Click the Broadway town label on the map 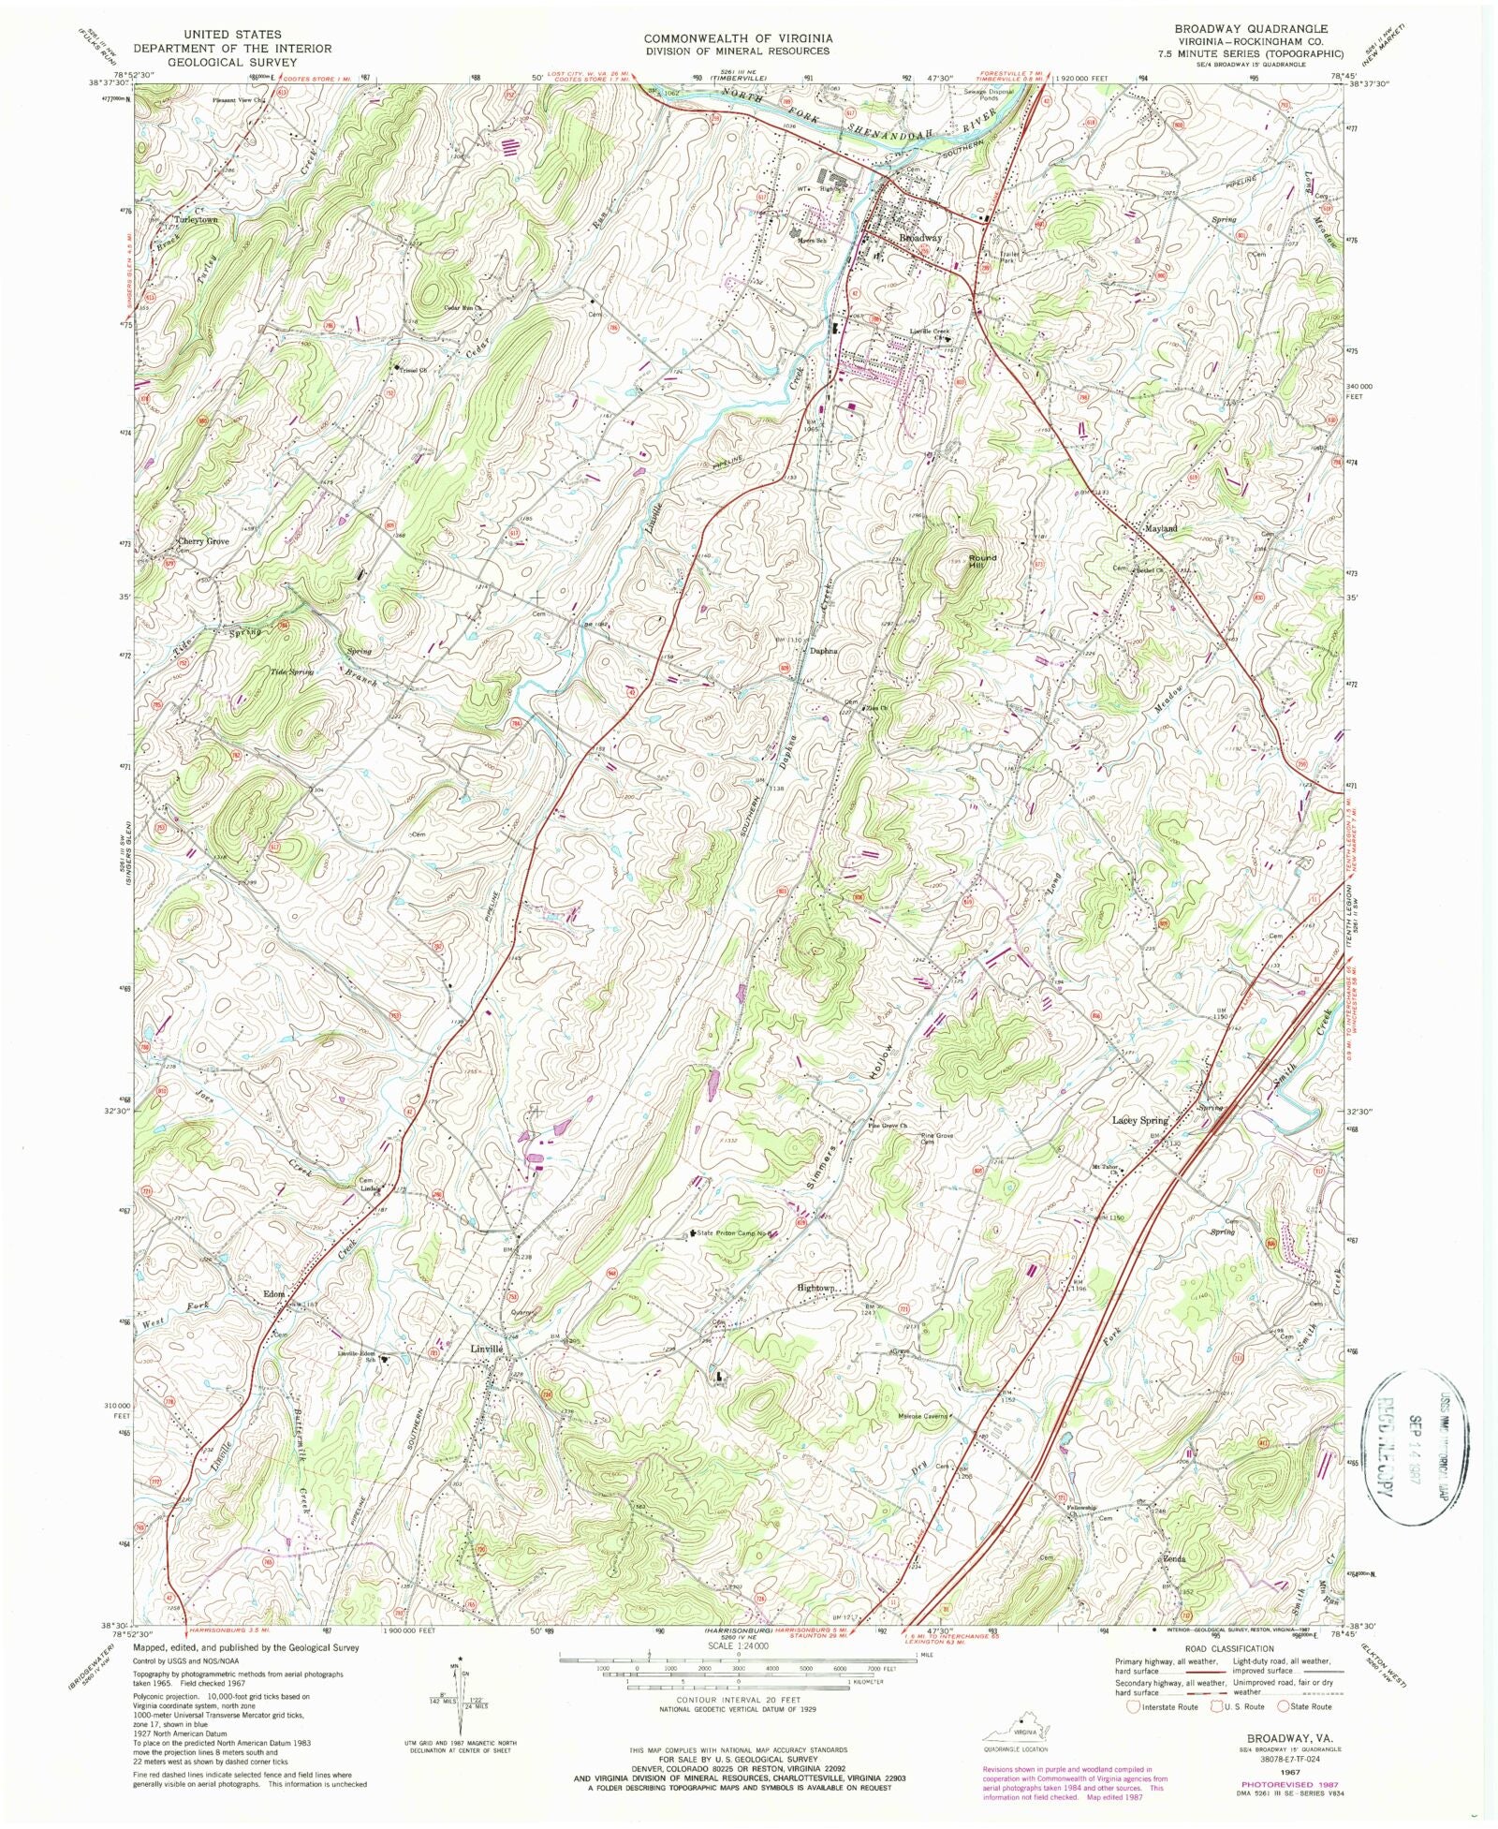coord(919,239)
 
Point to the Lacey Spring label coord(1139,1120)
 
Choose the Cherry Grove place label coord(203,541)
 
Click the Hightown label coord(815,1288)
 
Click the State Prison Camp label coord(735,1233)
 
